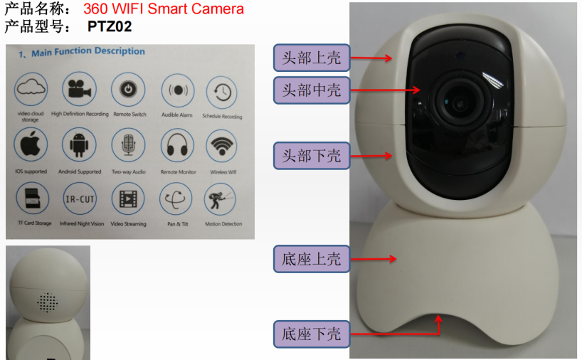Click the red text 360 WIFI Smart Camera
(164, 9)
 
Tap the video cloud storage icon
(30, 89)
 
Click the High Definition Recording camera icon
(79, 90)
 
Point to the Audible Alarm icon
(176, 91)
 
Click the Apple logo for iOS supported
(31, 144)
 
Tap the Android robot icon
(79, 145)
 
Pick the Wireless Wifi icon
(221, 147)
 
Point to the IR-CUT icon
(79, 198)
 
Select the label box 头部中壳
(312, 90)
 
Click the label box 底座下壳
(312, 333)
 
